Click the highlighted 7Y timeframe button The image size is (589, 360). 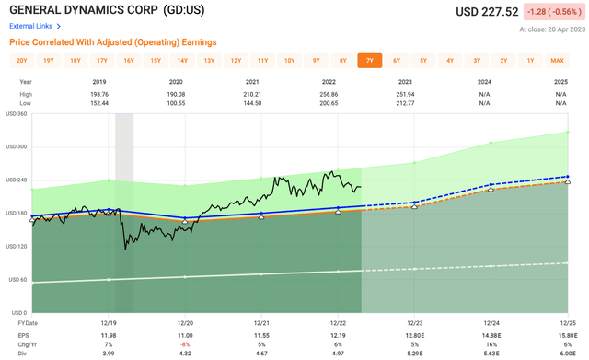pyautogui.click(x=370, y=61)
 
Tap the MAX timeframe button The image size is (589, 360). pyautogui.click(x=557, y=61)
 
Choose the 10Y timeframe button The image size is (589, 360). pyautogui.click(x=289, y=61)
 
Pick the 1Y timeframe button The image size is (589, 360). pyautogui.click(x=530, y=61)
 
